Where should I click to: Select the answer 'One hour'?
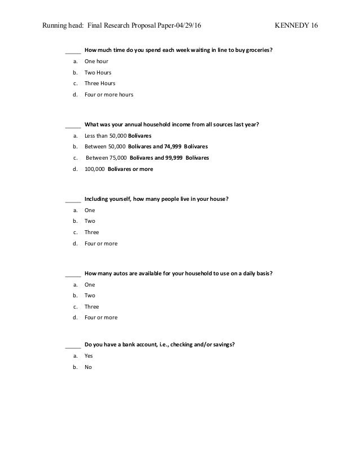[96, 61]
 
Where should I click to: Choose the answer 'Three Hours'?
[99, 83]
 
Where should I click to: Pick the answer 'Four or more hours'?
[109, 95]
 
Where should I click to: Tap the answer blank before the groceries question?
[73, 50]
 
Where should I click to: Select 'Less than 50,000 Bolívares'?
[118, 136]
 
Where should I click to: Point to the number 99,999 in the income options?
[177, 158]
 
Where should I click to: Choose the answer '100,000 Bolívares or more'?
[118, 169]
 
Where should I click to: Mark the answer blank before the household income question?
[73, 125]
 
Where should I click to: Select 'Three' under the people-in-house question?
[91, 232]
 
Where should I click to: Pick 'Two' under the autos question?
[90, 296]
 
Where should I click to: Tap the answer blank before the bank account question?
[73, 345]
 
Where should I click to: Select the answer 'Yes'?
[89, 356]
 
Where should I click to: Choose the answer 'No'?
[87, 367]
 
